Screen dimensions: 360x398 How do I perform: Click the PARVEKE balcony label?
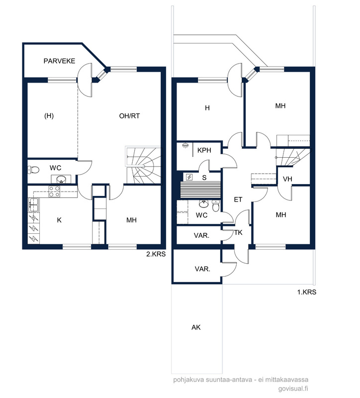click(59, 61)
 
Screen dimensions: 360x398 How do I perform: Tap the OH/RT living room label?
click(129, 116)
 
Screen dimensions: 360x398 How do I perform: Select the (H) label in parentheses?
click(49, 116)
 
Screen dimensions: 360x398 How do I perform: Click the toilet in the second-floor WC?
click(33, 170)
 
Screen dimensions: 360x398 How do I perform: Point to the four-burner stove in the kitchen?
click(54, 192)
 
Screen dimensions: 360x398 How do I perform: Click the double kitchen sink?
click(33, 204)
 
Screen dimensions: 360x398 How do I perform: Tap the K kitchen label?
click(59, 220)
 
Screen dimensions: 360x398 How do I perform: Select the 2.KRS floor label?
click(156, 254)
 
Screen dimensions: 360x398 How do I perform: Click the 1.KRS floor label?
click(307, 292)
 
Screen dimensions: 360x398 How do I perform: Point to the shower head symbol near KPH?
click(185, 146)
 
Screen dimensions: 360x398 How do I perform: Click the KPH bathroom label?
click(204, 150)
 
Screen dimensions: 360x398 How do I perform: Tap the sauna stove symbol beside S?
click(189, 177)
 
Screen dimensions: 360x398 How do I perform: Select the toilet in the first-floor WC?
click(216, 206)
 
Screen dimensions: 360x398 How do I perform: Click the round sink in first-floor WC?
click(203, 203)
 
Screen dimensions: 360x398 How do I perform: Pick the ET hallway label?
click(238, 200)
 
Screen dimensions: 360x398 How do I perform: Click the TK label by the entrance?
click(238, 232)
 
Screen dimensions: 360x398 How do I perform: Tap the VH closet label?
click(287, 179)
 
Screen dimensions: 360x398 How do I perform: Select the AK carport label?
click(196, 327)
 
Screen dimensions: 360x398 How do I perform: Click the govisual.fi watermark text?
click(293, 389)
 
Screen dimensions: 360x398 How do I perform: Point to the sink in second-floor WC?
click(61, 179)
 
